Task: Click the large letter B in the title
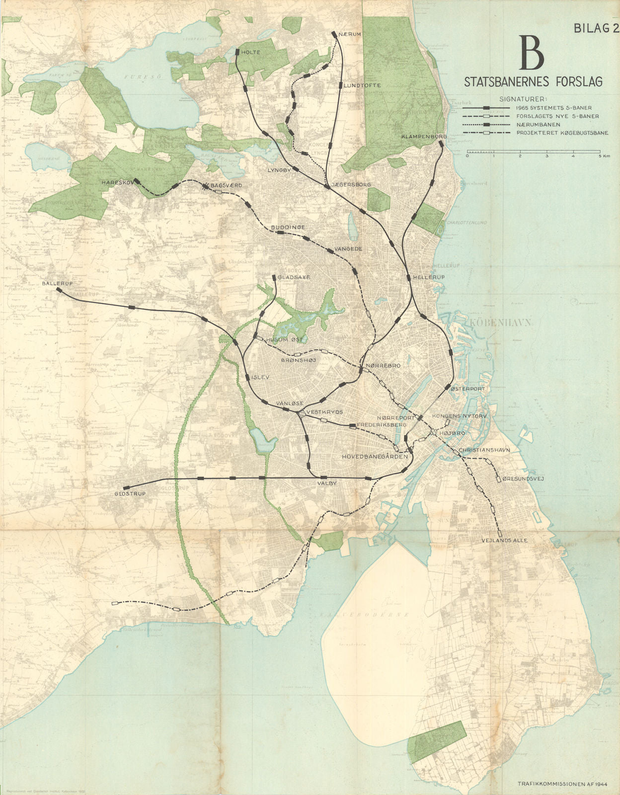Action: click(532, 53)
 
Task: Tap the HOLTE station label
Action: click(251, 52)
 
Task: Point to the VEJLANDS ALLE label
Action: click(505, 540)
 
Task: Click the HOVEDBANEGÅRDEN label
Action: click(375, 456)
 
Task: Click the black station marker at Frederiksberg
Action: click(352, 426)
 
